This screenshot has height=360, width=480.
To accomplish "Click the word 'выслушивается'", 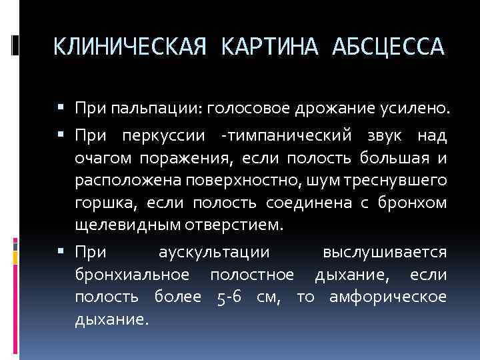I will [384, 253].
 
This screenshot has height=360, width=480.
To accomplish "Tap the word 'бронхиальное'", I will [132, 275].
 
